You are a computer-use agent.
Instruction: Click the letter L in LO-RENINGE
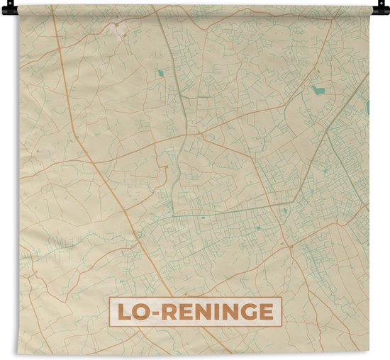122,312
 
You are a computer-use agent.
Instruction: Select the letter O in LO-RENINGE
139,312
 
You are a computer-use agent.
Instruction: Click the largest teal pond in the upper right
318,90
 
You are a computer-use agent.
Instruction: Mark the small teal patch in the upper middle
160,73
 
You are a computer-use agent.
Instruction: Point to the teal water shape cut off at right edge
368,106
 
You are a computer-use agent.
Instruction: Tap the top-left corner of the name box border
109,298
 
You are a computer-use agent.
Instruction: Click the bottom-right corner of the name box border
282,325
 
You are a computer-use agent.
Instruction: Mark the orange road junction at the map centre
201,134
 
